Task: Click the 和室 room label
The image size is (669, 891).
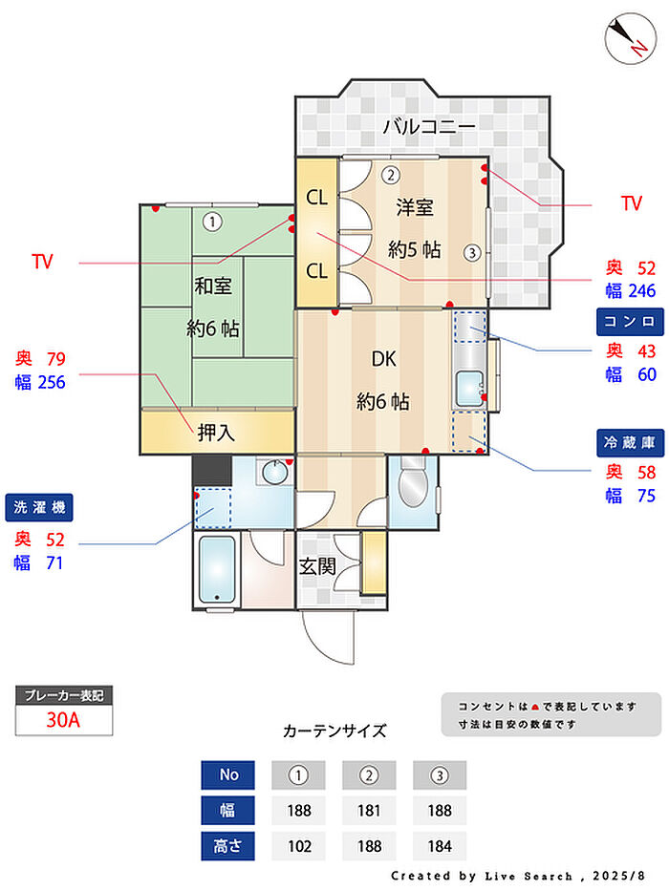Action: [212, 286]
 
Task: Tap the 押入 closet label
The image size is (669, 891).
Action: [216, 433]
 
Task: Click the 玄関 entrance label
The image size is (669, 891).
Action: [317, 565]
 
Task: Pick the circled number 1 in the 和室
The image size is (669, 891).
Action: [212, 222]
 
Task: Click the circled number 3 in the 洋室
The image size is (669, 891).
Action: [471, 253]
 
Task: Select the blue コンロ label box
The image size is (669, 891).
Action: [628, 320]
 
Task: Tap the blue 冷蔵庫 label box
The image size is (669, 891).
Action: [628, 442]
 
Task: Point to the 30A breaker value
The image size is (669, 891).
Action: [64, 719]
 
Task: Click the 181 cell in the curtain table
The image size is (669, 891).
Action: [369, 811]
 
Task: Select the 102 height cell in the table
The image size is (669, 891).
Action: [298, 846]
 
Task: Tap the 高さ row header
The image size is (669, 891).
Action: [227, 846]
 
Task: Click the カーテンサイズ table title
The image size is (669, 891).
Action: [334, 732]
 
